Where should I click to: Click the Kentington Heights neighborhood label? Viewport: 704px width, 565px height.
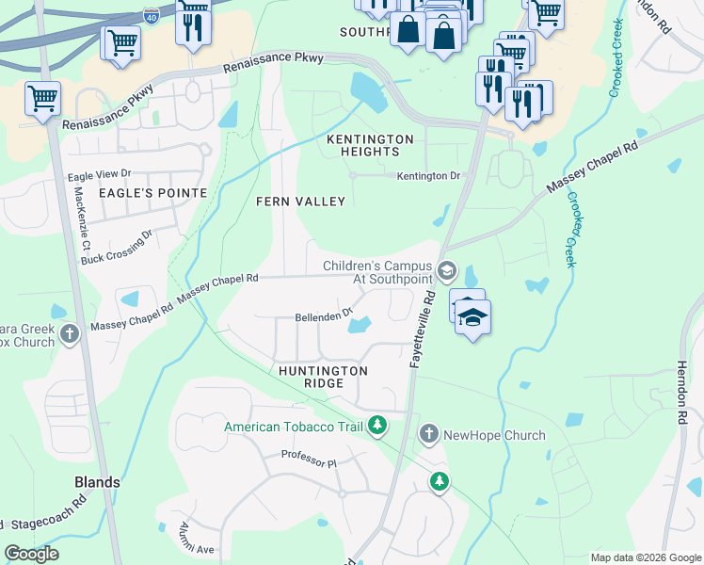(370, 145)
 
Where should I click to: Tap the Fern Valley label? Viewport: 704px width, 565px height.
(301, 202)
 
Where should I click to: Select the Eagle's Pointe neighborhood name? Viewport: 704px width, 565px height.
(152, 192)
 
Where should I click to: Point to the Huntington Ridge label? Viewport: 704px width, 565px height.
(323, 378)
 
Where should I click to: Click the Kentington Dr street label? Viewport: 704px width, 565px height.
(428, 176)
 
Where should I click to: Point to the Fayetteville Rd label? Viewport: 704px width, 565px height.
(421, 329)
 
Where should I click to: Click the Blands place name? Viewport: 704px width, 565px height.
(97, 482)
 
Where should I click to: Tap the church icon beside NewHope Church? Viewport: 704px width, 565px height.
(428, 434)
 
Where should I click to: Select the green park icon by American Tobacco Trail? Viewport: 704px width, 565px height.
(376, 426)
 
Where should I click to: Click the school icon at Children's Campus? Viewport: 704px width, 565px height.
(447, 271)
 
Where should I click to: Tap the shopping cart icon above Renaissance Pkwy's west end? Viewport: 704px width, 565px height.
(42, 97)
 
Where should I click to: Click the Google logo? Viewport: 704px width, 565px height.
(32, 554)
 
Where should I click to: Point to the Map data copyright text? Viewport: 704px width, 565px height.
(644, 557)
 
